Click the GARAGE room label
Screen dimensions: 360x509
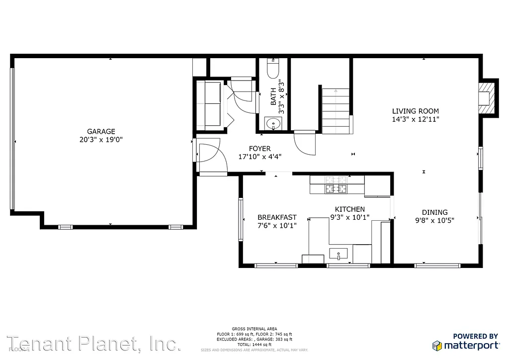[x=101, y=131]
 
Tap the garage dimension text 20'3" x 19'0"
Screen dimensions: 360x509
[x=101, y=140]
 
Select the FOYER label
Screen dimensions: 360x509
[x=259, y=149]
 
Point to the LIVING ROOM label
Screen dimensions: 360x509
[x=415, y=111]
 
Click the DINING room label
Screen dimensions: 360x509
[x=434, y=212]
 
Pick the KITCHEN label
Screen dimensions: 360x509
[x=349, y=209]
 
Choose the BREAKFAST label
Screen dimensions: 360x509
[x=277, y=217]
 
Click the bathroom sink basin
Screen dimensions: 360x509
[x=272, y=124]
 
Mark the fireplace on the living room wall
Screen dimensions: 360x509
[x=485, y=97]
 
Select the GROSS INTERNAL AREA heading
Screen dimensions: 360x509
[x=254, y=329]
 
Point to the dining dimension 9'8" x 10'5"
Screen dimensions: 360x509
[x=434, y=220]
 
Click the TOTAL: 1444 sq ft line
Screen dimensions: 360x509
[x=254, y=345]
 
